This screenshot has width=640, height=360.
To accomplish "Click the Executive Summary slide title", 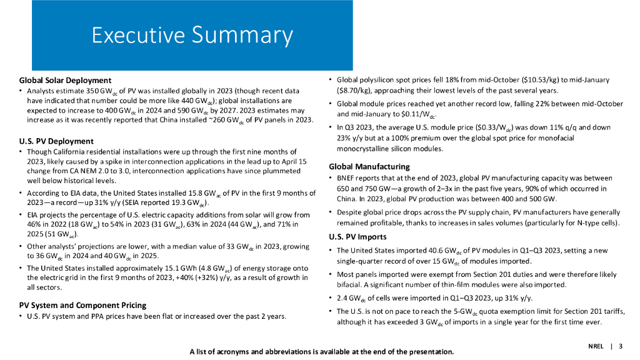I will tap(192, 35).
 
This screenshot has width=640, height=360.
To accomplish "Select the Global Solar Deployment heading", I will tap(65, 80).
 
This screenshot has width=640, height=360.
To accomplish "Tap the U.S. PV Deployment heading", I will tap(56, 141).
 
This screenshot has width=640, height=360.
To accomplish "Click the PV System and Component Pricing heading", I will tap(82, 305).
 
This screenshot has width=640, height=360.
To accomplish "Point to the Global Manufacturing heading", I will tap(369, 167).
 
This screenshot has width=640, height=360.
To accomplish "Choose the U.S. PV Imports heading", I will tap(358, 237).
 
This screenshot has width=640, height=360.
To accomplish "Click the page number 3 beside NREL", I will tap(621, 346).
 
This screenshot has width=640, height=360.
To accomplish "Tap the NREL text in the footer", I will tap(596, 346).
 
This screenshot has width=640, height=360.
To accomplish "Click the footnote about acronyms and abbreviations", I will tap(321, 351).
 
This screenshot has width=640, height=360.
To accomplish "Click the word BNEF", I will tap(347, 178).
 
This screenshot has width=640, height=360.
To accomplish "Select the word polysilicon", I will tap(383, 80).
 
